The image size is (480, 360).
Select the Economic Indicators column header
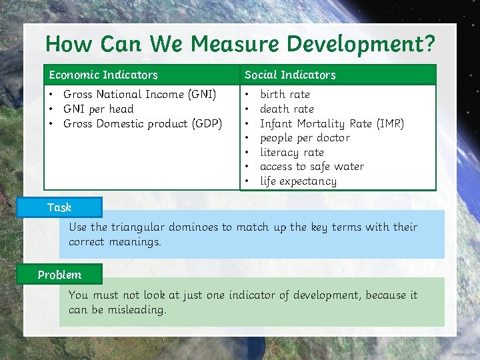103,75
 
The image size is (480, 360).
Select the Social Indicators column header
290,75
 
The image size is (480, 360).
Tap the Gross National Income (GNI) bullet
139,95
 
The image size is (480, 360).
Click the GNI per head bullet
98,109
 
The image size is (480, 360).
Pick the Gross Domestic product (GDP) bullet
142,124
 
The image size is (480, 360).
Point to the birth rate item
285,95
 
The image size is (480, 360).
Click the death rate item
287,109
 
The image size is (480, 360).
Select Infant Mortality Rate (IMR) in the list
331,124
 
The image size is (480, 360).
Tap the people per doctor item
305,138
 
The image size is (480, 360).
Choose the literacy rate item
291,153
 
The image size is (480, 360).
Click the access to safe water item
311,167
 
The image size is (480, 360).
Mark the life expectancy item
298,181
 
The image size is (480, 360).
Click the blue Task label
59,207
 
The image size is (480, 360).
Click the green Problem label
59,275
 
